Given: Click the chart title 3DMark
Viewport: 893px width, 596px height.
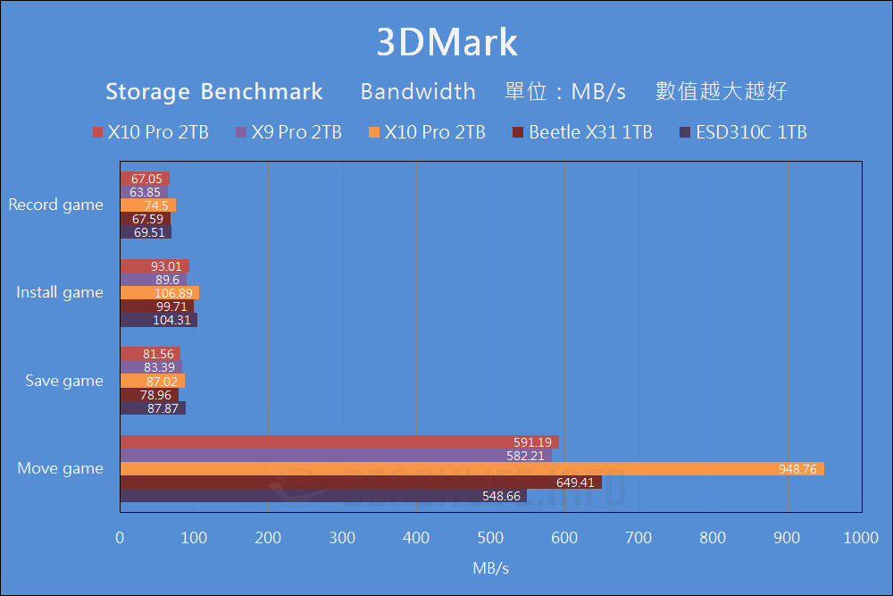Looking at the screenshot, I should tap(446, 43).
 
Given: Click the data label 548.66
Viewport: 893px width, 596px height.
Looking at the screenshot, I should tap(500, 496).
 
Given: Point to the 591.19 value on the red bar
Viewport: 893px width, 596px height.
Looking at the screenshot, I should tap(532, 442).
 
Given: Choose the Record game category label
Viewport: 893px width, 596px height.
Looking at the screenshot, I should tap(55, 205).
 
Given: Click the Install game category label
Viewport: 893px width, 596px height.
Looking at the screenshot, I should tap(60, 292).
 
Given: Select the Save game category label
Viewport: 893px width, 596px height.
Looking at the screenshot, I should tap(63, 381).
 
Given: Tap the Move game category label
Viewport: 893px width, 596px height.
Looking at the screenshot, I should tap(61, 468).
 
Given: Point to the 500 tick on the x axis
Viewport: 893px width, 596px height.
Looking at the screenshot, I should tap(490, 538).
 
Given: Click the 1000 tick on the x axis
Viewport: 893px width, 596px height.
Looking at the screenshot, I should tap(861, 538).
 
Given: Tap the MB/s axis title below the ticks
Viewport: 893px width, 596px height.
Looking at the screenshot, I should tap(490, 567).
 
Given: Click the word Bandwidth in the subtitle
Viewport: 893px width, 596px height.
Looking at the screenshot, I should tap(418, 91).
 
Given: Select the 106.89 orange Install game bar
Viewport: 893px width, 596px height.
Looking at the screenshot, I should tap(160, 293).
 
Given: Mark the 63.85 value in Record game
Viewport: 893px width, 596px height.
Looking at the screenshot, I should tap(146, 192).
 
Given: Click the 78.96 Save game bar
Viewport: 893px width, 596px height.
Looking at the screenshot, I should tap(149, 395).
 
